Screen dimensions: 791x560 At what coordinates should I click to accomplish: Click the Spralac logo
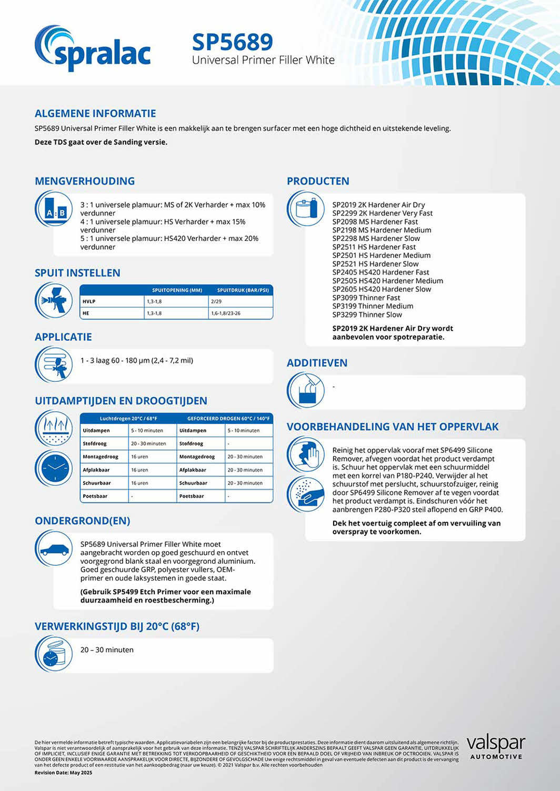pyautogui.click(x=93, y=48)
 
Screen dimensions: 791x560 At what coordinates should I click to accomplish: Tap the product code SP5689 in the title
pyautogui.click(x=232, y=42)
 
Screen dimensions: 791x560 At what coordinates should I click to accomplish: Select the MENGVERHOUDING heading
pyautogui.click(x=85, y=181)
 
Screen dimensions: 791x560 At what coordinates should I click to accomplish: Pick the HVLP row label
pyautogui.click(x=89, y=301)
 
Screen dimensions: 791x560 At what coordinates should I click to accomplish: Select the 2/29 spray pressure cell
pyautogui.click(x=216, y=301)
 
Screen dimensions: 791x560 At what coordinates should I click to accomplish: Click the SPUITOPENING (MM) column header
pyautogui.click(x=177, y=290)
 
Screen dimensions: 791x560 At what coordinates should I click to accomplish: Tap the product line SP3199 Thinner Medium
pyautogui.click(x=373, y=306)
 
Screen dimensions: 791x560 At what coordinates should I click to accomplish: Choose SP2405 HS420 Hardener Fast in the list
pyautogui.click(x=381, y=272)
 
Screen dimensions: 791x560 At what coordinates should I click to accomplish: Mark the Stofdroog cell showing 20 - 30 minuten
pyautogui.click(x=148, y=443)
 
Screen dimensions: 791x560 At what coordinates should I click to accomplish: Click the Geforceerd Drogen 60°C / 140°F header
pyautogui.click(x=228, y=419)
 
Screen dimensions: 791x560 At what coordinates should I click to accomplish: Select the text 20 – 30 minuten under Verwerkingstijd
pyautogui.click(x=107, y=650)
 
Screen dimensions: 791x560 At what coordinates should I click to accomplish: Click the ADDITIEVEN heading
pyautogui.click(x=317, y=363)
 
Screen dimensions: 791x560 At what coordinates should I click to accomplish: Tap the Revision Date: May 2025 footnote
pyautogui.click(x=63, y=773)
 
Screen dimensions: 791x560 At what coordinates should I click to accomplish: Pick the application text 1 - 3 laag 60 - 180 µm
pyautogui.click(x=137, y=360)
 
